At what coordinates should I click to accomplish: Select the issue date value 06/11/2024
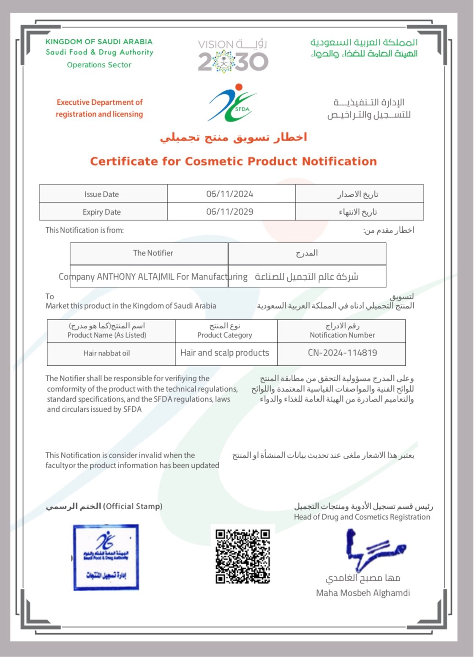click(x=230, y=194)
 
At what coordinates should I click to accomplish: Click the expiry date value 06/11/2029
click(x=230, y=212)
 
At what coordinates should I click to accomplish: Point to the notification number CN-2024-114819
click(x=342, y=353)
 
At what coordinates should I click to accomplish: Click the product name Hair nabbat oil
click(x=106, y=353)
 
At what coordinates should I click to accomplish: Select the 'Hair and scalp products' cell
click(x=225, y=353)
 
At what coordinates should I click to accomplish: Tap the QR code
click(x=242, y=556)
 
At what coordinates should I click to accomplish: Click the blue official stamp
click(x=106, y=557)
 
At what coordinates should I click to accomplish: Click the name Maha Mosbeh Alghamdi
click(x=363, y=593)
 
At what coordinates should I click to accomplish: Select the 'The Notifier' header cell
click(x=153, y=253)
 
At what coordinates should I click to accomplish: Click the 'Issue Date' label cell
click(x=101, y=194)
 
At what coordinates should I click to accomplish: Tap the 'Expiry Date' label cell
click(x=101, y=212)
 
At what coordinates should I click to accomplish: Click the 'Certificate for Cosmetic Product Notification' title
click(x=233, y=161)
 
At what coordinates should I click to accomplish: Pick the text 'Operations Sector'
click(x=99, y=65)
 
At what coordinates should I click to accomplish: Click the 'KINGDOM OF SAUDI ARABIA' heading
click(x=99, y=42)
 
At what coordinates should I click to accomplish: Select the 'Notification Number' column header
click(x=342, y=335)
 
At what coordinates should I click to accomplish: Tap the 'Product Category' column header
click(x=225, y=335)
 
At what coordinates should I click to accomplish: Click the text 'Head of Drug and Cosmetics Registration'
click(x=362, y=517)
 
